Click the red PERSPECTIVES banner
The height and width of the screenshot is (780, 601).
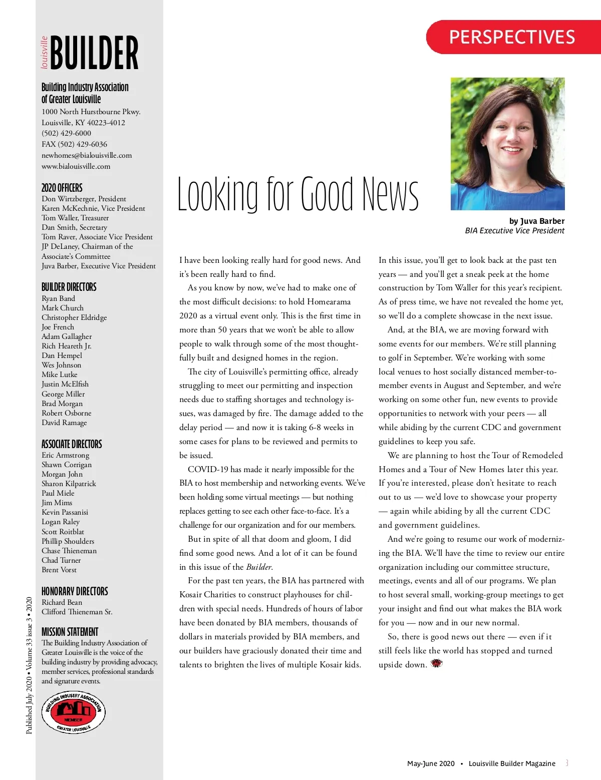click(x=512, y=37)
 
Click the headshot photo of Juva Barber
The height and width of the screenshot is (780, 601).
click(x=507, y=144)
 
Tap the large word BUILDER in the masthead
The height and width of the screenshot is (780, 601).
click(x=94, y=53)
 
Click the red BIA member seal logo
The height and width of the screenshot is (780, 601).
click(x=74, y=712)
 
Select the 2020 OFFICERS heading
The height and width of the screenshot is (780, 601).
click(x=62, y=188)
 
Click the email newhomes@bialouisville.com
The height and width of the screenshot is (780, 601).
click(x=87, y=155)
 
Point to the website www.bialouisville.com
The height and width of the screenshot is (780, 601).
click(x=76, y=166)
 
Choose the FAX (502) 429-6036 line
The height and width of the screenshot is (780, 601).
click(x=74, y=144)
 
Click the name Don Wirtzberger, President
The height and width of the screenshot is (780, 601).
click(x=84, y=199)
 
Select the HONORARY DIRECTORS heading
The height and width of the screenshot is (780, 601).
click(x=75, y=591)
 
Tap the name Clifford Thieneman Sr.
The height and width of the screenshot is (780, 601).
click(x=77, y=612)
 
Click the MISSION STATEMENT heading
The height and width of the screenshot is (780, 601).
click(x=70, y=632)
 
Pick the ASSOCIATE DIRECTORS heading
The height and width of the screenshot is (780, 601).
click(x=72, y=444)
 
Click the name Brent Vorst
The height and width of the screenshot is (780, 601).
click(x=59, y=570)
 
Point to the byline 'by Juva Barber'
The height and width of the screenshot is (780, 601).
click(x=536, y=221)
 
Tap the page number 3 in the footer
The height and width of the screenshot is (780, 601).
click(x=566, y=763)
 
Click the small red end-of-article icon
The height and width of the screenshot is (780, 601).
click(x=437, y=664)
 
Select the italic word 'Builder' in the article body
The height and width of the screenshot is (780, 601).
click(x=259, y=567)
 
